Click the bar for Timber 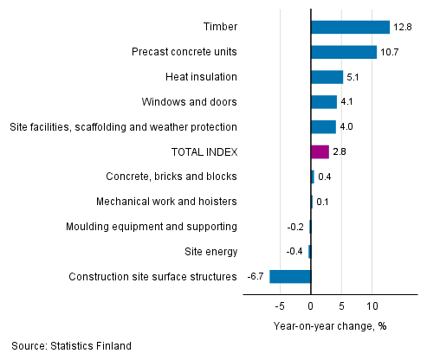pos(350,27)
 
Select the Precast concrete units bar pos(344,52)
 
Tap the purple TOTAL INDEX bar pos(320,152)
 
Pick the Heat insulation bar pos(327,77)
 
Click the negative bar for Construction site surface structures pos(290,277)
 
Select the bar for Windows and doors pos(323,102)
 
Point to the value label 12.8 pos(403,27)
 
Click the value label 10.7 pos(390,52)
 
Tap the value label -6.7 pos(256,277)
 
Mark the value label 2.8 pos(340,152)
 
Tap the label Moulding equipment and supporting pos(152,227)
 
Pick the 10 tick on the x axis pos(372,306)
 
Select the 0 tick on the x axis pos(311,306)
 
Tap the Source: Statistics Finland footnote pos(72,346)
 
